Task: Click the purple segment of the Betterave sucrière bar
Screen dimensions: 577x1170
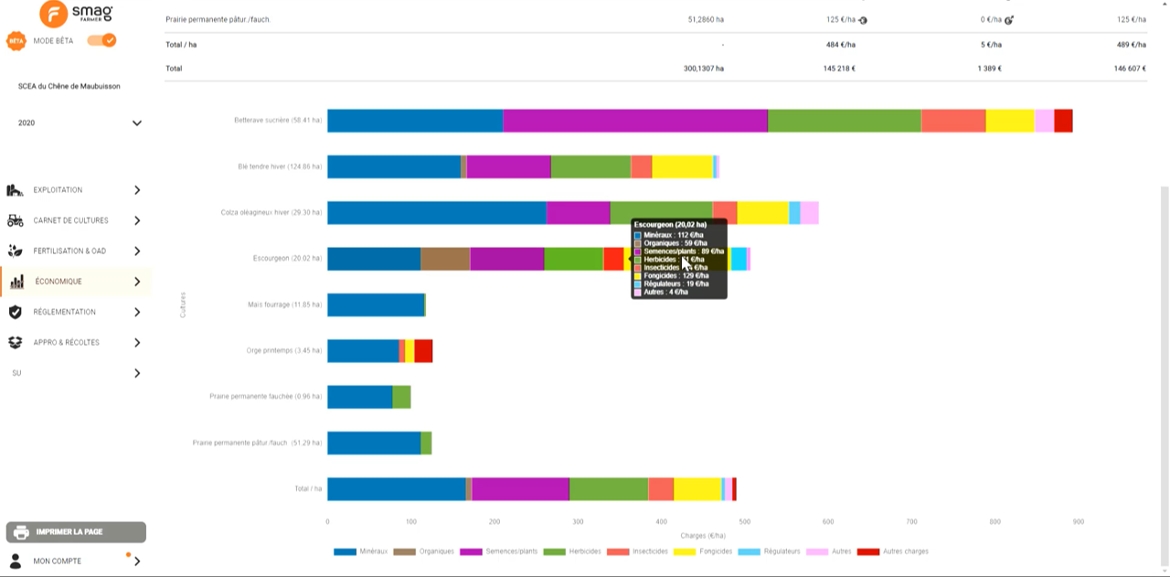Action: [634, 121]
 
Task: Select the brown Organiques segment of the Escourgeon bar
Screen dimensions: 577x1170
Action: [445, 259]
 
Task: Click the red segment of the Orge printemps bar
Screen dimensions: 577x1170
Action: [423, 351]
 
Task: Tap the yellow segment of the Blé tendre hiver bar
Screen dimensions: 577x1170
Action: [682, 166]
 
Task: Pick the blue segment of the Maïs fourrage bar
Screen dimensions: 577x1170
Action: [376, 305]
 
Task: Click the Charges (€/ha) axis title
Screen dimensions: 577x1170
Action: [703, 535]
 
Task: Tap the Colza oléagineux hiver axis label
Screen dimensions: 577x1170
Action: [271, 212]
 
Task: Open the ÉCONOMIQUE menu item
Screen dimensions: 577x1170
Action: [58, 282]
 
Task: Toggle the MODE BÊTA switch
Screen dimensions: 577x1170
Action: [101, 40]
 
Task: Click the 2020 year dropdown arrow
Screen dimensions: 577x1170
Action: [137, 123]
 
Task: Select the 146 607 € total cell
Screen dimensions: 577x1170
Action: [1131, 69]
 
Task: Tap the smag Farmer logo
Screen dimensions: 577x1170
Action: [77, 14]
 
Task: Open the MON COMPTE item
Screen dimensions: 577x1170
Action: [57, 561]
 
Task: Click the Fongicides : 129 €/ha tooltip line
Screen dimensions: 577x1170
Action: [675, 275]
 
